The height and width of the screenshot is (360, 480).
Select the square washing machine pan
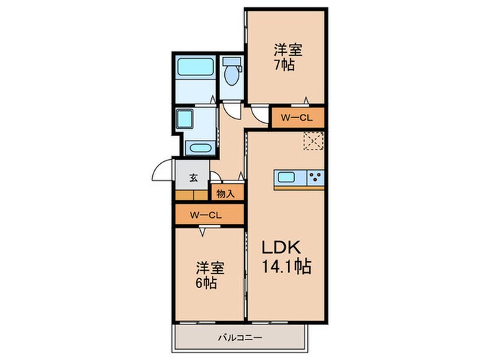tap(187, 121)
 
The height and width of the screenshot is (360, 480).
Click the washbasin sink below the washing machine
tap(199, 147)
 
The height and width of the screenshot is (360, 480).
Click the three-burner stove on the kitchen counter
tap(315, 178)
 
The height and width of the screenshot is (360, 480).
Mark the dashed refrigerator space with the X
tap(313, 141)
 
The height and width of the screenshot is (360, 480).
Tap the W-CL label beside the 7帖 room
tap(297, 118)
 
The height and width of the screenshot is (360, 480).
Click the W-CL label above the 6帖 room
tap(206, 215)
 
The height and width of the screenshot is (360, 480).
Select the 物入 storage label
tap(226, 193)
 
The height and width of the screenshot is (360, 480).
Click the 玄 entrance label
tap(193, 178)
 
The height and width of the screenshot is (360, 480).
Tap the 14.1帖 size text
tap(287, 267)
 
